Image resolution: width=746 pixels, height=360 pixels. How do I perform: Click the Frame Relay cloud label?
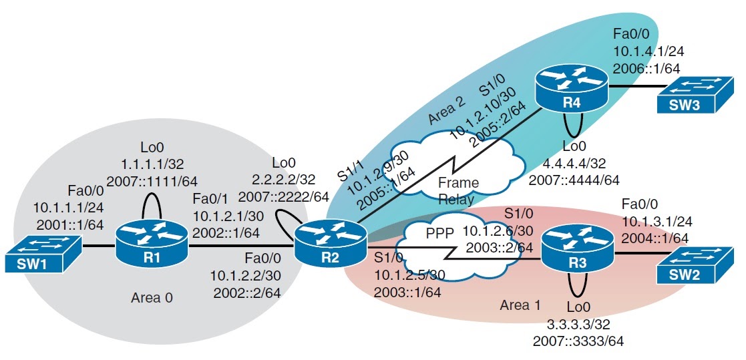pyautogui.click(x=455, y=190)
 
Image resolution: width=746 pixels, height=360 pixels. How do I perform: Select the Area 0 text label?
pyautogui.click(x=152, y=297)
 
